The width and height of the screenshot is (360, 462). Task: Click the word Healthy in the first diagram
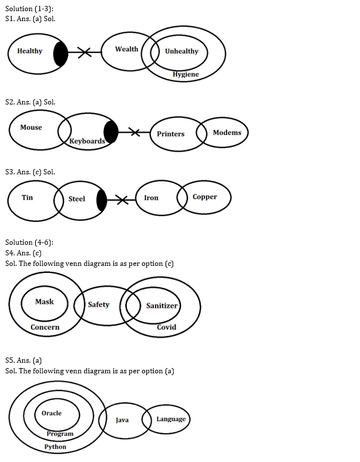[x=30, y=51]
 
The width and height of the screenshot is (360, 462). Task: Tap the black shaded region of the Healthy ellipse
[x=60, y=54]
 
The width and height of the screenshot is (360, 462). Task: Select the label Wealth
[x=126, y=49]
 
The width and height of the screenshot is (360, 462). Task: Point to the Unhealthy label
[x=181, y=51]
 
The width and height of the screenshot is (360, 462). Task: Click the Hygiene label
[x=186, y=75]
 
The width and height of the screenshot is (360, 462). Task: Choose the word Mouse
[x=31, y=127]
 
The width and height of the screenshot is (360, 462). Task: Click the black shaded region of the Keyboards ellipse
[x=110, y=131]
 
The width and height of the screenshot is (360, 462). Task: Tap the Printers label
[x=170, y=134]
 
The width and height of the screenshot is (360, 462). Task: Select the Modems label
[x=227, y=133]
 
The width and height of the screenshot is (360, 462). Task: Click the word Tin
[x=28, y=197]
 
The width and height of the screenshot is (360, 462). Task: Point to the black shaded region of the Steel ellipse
[x=102, y=201]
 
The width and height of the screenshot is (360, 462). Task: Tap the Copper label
[x=205, y=197]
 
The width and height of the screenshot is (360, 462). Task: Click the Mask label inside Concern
[x=44, y=302]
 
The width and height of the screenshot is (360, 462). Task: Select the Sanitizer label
[x=162, y=306]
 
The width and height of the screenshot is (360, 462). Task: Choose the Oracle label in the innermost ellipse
[x=52, y=413]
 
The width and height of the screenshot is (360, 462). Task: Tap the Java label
[x=122, y=420]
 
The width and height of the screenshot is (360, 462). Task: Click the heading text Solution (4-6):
[x=29, y=242]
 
